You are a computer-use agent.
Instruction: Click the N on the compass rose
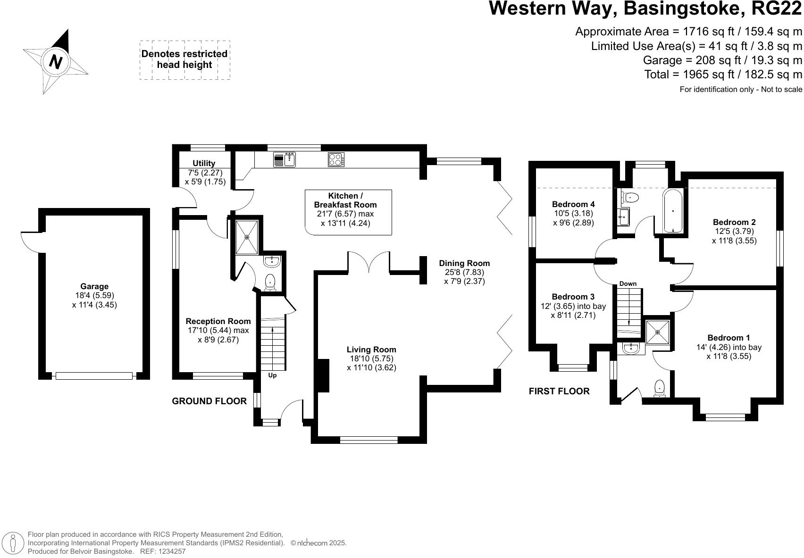(56, 61)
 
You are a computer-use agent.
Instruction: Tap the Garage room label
(94, 286)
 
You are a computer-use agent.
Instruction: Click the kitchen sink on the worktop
(284, 160)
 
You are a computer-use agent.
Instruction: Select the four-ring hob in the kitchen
(336, 160)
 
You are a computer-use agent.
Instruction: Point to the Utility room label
(204, 163)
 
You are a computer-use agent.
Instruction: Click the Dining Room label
(464, 263)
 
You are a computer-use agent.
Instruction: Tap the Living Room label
(371, 350)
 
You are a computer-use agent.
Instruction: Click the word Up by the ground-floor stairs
(272, 375)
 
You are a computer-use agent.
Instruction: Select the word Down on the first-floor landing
(628, 283)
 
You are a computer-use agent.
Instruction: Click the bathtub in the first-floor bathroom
(672, 211)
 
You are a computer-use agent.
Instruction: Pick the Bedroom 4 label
(573, 204)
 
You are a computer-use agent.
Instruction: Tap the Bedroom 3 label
(573, 297)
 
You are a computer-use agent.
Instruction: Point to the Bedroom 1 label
(729, 338)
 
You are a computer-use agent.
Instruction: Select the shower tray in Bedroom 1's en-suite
(658, 332)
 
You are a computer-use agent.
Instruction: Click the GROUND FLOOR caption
(209, 401)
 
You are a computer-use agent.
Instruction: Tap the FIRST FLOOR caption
(559, 391)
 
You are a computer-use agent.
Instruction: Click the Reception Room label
(218, 321)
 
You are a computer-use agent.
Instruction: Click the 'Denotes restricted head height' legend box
(184, 60)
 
